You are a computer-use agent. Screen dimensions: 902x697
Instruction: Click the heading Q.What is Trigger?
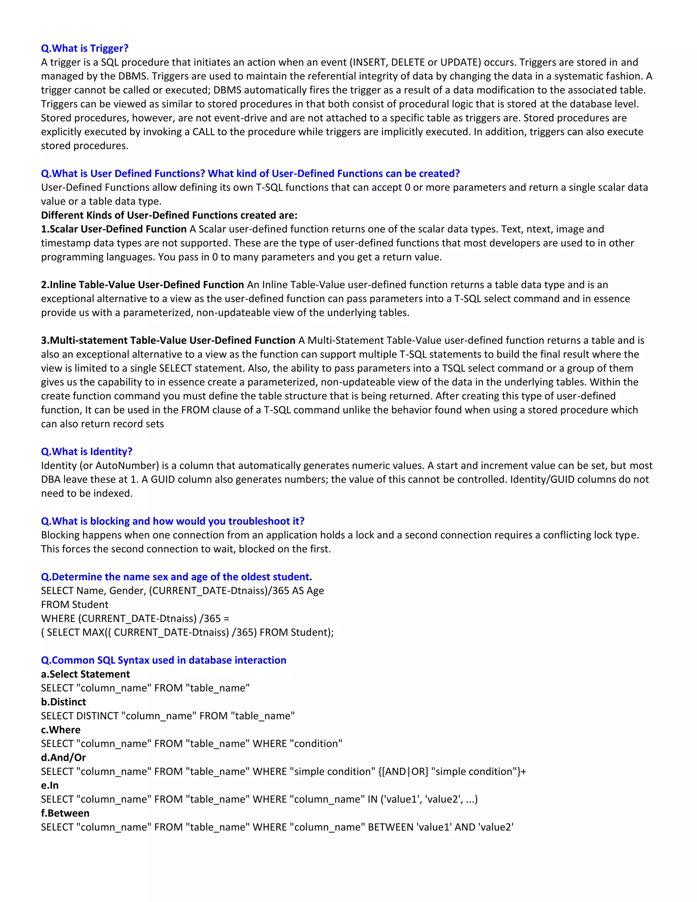pos(85,48)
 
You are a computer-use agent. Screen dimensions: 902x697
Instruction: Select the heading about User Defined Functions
pos(250,174)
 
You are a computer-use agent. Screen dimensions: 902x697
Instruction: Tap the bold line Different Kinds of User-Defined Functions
pos(169,215)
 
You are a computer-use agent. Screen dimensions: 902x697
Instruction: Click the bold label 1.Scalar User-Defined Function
pos(114,229)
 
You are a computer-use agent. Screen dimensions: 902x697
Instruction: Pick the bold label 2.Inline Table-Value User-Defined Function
pos(143,285)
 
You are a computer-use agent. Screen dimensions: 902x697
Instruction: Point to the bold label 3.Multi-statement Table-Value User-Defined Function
pos(168,340)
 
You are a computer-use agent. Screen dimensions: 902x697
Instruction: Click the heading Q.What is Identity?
pos(87,451)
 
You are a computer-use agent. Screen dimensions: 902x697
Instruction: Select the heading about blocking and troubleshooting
pos(173,521)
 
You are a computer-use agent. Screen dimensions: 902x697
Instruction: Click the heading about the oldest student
pos(176,577)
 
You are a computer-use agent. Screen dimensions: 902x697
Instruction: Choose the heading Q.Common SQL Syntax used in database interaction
pos(163,660)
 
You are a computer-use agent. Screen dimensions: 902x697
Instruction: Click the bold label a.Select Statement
pos(85,674)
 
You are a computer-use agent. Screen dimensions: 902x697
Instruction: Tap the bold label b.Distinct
pos(64,702)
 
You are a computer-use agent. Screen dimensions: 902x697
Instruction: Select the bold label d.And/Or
pos(63,757)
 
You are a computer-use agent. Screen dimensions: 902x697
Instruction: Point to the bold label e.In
pos(50,785)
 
